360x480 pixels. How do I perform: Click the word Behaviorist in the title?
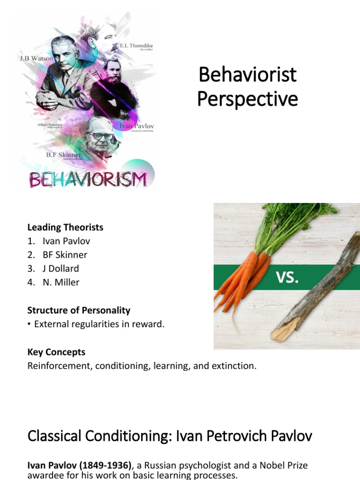(247, 75)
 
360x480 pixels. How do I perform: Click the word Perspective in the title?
(247, 99)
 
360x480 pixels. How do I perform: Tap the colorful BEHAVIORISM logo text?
(88, 179)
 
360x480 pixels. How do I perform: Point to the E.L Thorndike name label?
(136, 46)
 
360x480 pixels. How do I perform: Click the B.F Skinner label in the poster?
(63, 155)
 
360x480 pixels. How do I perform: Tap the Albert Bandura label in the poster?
(52, 126)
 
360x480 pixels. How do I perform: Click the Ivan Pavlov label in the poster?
(137, 126)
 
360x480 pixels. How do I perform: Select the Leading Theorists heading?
(65, 227)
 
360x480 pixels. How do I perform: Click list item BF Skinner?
(65, 255)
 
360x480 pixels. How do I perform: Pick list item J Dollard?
(60, 269)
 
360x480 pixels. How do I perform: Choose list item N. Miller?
(61, 282)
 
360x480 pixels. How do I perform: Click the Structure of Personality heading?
(79, 310)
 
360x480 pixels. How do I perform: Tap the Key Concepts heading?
(56, 352)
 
